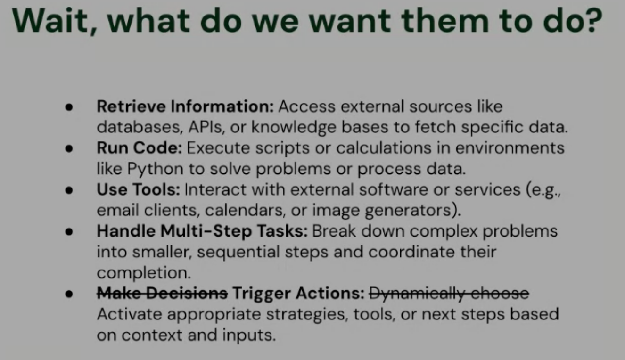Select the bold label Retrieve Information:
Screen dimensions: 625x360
pos(185,106)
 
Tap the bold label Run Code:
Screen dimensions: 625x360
pos(140,147)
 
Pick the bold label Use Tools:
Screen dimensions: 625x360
pos(139,189)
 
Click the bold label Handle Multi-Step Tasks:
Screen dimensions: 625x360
pos(202,231)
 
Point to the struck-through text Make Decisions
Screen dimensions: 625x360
pos(163,293)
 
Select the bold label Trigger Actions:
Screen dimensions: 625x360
pos(298,294)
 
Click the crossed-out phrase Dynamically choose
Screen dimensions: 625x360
pos(449,294)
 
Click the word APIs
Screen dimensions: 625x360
pos(206,127)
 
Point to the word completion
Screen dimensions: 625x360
pos(144,273)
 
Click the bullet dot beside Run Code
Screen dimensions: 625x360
pos(69,148)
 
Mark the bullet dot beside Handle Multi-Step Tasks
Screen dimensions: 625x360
pos(69,232)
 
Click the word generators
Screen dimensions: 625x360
pos(412,211)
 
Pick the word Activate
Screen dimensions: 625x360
pos(130,314)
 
